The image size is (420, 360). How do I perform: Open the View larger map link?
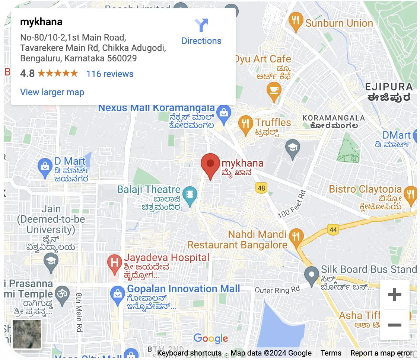(52, 92)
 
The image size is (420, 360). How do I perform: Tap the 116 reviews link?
(110, 74)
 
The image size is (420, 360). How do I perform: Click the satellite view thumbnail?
(27, 334)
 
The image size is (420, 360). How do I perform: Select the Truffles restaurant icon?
(245, 122)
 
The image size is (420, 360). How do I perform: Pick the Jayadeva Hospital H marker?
(115, 262)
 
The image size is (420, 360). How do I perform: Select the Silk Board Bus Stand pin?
(311, 274)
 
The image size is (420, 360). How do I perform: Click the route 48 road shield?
(261, 188)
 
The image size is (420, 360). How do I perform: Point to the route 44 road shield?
(333, 230)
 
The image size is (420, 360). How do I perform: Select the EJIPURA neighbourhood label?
(389, 87)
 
